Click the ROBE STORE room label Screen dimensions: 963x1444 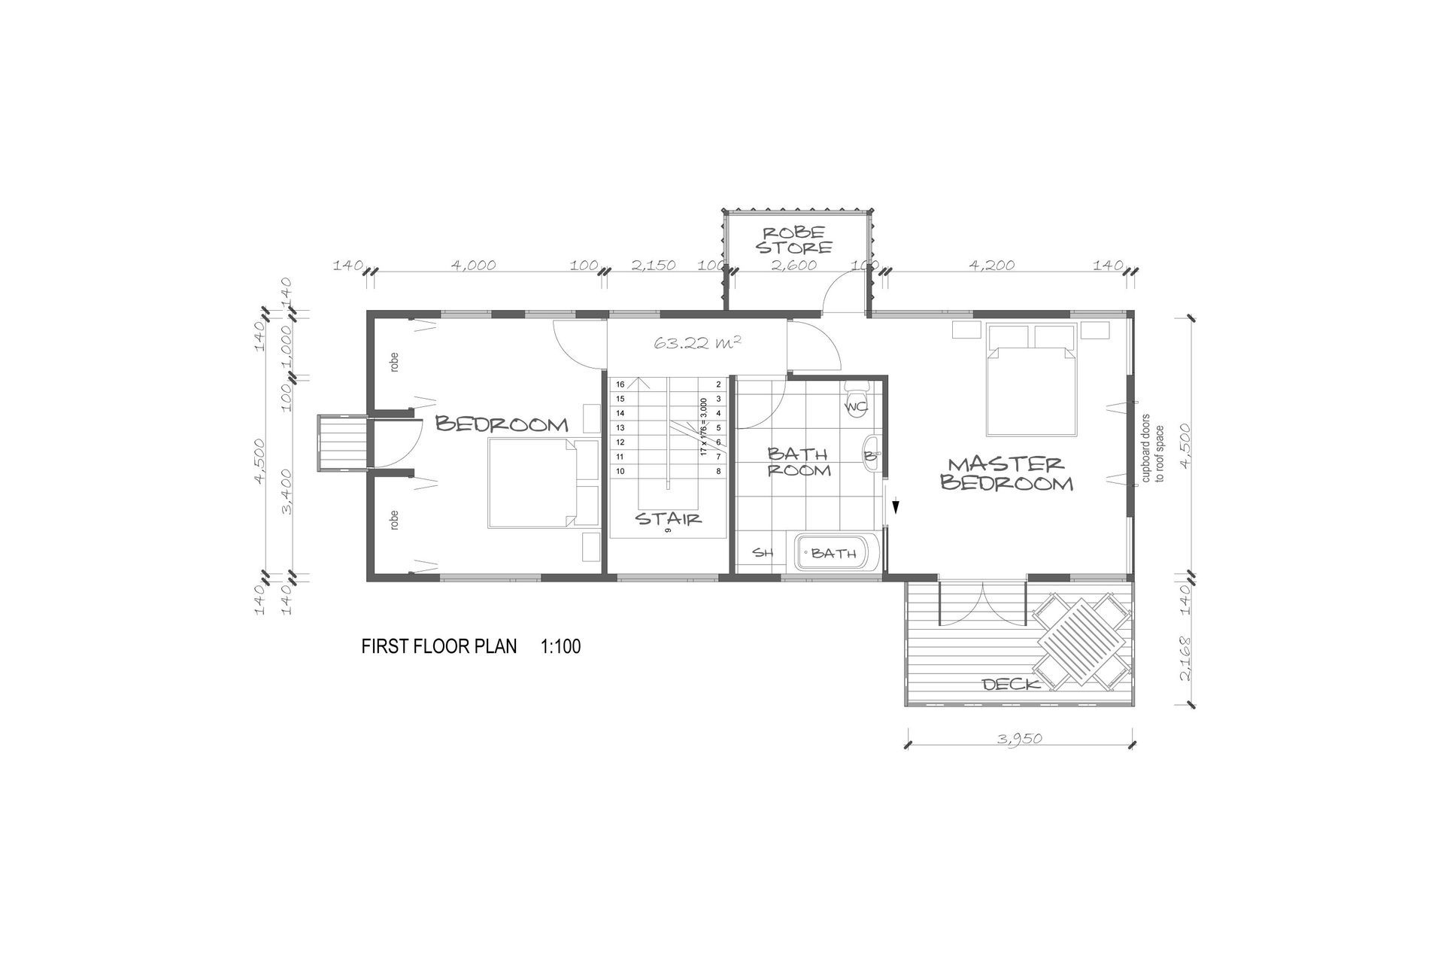point(795,239)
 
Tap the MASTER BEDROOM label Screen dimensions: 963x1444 point(1006,473)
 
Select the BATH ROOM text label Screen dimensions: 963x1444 point(798,462)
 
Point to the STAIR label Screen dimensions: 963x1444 point(669,518)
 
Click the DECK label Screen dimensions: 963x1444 point(1012,684)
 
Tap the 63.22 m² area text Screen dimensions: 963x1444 point(699,343)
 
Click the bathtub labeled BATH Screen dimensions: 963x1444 point(833,554)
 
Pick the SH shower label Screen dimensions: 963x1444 point(763,553)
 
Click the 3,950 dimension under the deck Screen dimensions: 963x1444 point(1020,738)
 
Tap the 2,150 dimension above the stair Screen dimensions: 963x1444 point(653,265)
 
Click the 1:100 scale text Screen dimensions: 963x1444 point(560,646)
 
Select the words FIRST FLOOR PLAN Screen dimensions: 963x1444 point(439,646)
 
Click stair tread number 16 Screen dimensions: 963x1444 point(620,384)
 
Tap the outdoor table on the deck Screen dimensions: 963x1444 point(1082,640)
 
